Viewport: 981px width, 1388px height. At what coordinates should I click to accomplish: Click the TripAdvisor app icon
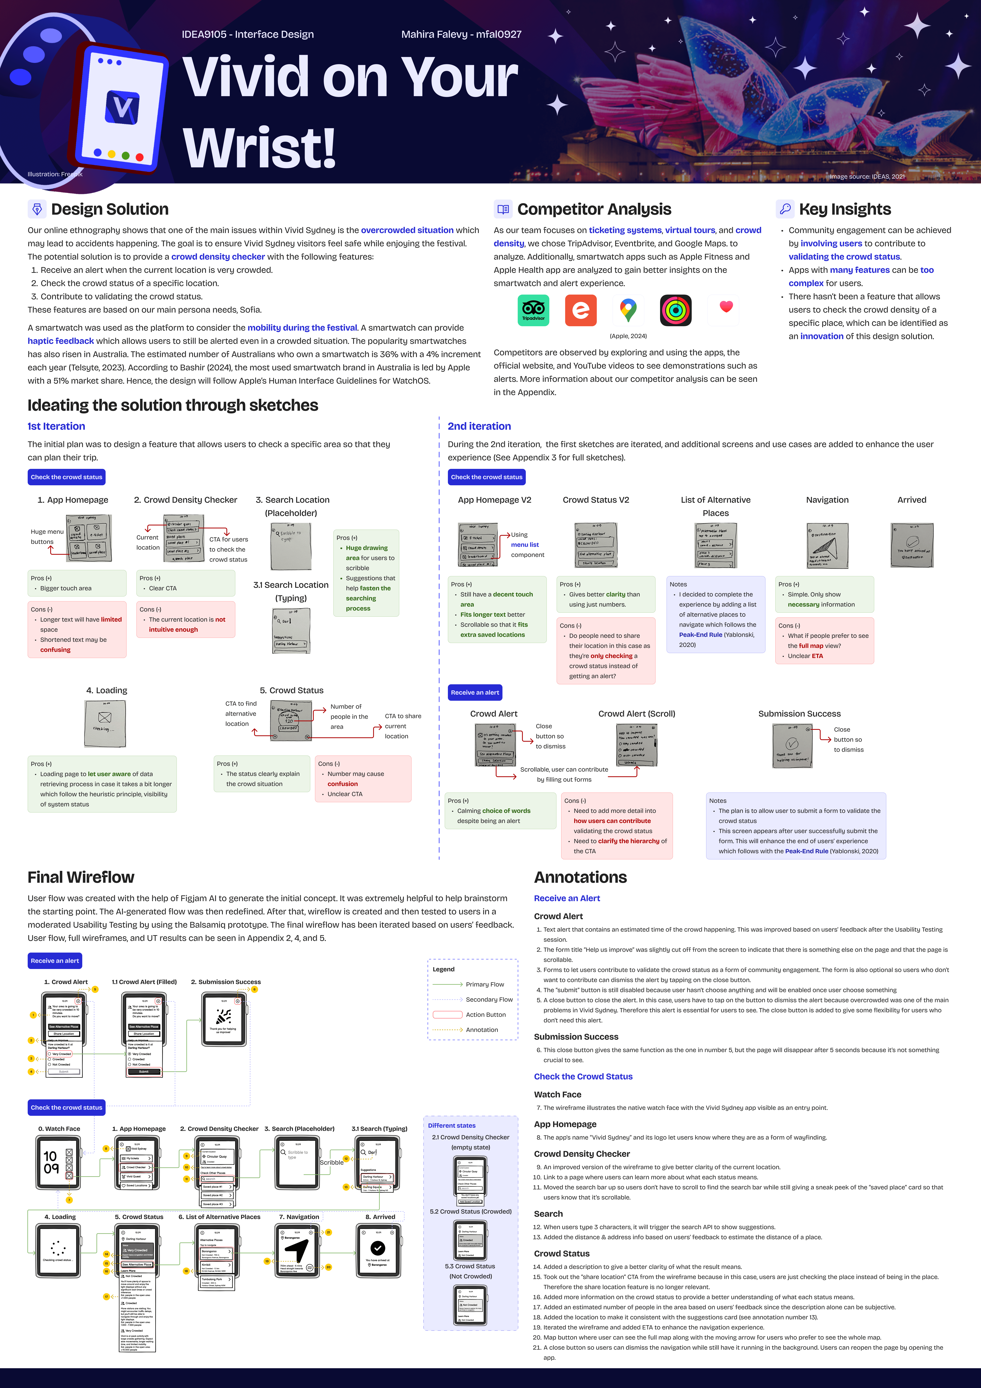(x=533, y=310)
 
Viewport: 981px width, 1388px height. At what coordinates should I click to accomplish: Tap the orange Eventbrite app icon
(x=580, y=310)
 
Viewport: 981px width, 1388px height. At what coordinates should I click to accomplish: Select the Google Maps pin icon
(x=628, y=310)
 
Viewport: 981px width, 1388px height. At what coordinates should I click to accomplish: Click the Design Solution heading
(x=109, y=209)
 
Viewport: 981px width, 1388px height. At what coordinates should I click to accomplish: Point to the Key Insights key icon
(x=785, y=209)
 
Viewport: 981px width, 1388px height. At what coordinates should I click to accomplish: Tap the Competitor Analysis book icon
(x=503, y=209)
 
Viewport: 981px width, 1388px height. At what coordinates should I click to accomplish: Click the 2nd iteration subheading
(x=479, y=426)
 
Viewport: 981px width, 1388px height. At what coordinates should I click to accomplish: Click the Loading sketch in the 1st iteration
(x=105, y=724)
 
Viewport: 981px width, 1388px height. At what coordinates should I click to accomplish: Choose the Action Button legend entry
(x=485, y=1014)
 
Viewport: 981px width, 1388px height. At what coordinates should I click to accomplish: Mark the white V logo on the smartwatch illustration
(x=123, y=108)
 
